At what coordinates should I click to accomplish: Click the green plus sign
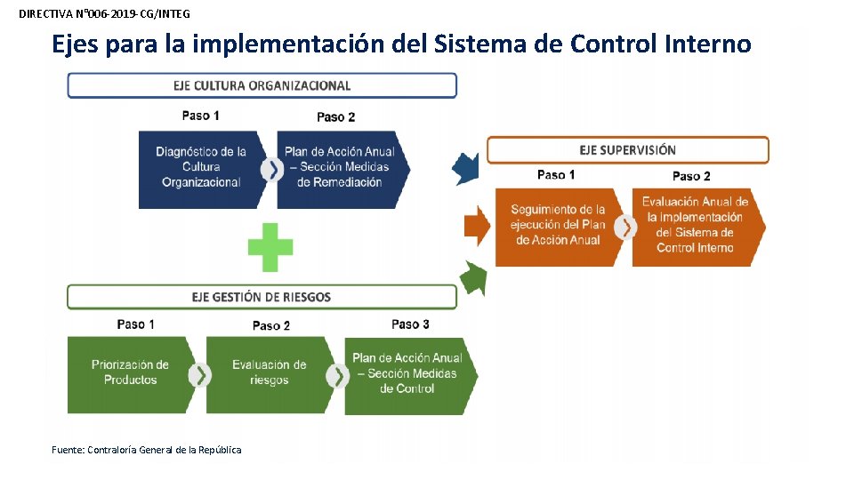tap(270, 247)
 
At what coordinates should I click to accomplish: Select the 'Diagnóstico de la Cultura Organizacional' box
tap(201, 167)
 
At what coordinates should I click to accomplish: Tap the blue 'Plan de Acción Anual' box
tap(340, 167)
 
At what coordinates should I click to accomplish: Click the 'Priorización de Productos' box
tap(130, 372)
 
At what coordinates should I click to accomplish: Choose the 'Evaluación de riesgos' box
tap(269, 372)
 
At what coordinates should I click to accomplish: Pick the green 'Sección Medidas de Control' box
tap(407, 372)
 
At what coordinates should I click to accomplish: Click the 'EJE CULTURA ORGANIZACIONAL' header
tap(262, 86)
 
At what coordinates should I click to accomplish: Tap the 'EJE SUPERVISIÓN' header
tap(627, 150)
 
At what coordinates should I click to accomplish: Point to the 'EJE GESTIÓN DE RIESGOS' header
tap(262, 297)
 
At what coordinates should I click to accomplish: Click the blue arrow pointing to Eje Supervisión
tap(466, 167)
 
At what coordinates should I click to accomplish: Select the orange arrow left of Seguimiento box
tap(477, 226)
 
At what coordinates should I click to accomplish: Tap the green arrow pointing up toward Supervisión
tap(474, 279)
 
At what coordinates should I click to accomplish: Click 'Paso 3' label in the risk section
tap(410, 324)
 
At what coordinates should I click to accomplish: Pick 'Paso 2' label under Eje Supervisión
tap(691, 176)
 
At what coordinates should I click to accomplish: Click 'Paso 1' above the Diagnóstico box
tap(200, 116)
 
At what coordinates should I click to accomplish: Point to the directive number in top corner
tap(104, 14)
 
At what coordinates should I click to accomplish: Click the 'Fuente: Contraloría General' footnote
tap(147, 450)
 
